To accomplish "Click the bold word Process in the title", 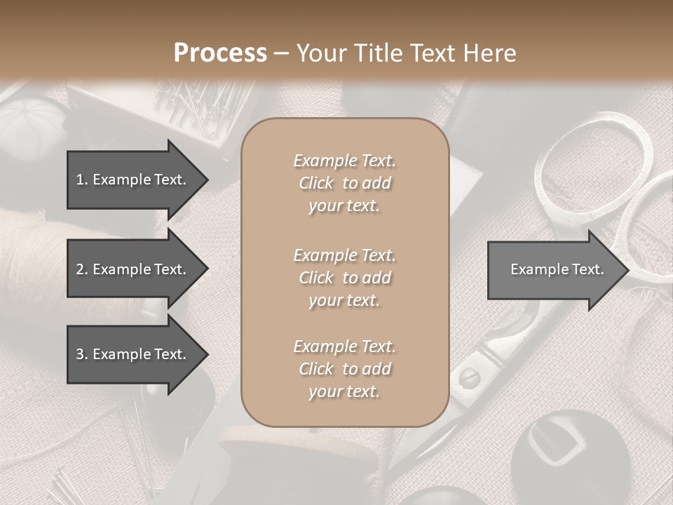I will pyautogui.click(x=220, y=53).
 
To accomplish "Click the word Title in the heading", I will pyautogui.click(x=381, y=53).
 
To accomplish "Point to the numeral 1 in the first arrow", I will pyautogui.click(x=80, y=180).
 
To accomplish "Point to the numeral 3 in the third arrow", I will pyautogui.click(x=80, y=354).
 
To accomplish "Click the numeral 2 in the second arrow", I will pyautogui.click(x=80, y=269).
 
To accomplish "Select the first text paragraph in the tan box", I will pyautogui.click(x=344, y=183).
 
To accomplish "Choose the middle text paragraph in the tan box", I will pyautogui.click(x=344, y=278).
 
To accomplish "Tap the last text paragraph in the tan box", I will pyautogui.click(x=344, y=369).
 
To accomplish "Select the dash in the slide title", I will pyautogui.click(x=282, y=53).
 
